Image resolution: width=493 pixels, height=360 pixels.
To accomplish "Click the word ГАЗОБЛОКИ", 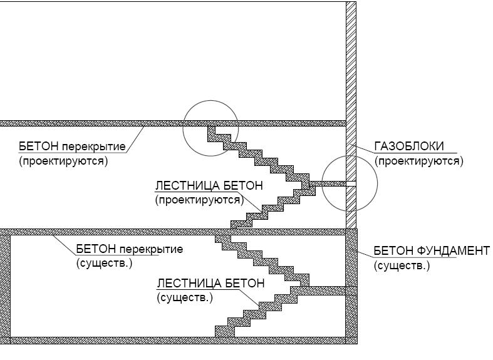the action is [x=409, y=147].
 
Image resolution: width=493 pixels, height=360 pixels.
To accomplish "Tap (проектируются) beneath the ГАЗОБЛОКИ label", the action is [x=419, y=161].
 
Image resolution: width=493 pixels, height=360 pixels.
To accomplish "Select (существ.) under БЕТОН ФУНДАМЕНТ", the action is [x=402, y=265].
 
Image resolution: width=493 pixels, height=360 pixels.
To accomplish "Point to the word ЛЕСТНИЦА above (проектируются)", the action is [x=188, y=185].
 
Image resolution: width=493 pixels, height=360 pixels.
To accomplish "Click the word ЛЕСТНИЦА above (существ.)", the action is [x=189, y=284].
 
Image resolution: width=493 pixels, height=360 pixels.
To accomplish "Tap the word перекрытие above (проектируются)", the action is [x=94, y=147].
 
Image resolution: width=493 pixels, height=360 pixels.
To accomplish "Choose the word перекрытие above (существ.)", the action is [x=151, y=249].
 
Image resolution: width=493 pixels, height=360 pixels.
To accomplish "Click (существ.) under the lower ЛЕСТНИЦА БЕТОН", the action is [x=185, y=297].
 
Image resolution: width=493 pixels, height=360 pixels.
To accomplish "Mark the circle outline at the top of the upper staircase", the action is [x=184, y=128].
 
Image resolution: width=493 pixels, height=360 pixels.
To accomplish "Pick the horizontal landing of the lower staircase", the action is [x=327, y=291].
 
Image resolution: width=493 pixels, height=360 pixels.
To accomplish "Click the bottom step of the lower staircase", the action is [x=224, y=332].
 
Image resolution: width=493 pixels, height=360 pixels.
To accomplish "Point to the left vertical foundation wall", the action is [x=5, y=286].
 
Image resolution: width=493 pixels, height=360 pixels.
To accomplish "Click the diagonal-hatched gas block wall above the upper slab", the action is [x=351, y=61].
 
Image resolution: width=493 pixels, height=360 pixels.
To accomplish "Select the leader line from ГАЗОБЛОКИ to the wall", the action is [x=363, y=148].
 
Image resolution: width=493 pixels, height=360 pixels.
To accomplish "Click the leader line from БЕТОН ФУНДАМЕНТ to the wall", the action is [x=365, y=254].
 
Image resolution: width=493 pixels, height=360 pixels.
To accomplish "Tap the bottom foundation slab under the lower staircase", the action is [x=179, y=341].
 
